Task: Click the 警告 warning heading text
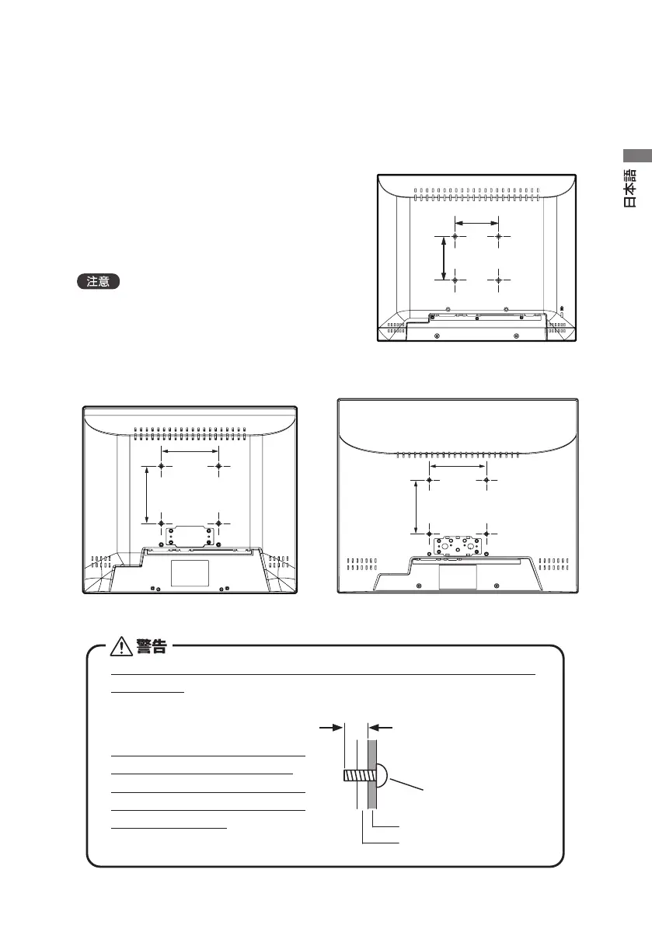tap(150, 646)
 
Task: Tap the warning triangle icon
tap(122, 646)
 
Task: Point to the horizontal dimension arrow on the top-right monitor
tap(476, 222)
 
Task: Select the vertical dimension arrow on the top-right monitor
tap(443, 257)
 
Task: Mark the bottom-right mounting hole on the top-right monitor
tap(498, 278)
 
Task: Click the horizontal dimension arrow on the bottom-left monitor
tap(190, 451)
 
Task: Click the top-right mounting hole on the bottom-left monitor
tap(218, 466)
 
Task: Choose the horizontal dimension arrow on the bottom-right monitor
tap(458, 466)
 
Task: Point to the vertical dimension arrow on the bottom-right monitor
tap(417, 506)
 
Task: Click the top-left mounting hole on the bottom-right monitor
tap(430, 480)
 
